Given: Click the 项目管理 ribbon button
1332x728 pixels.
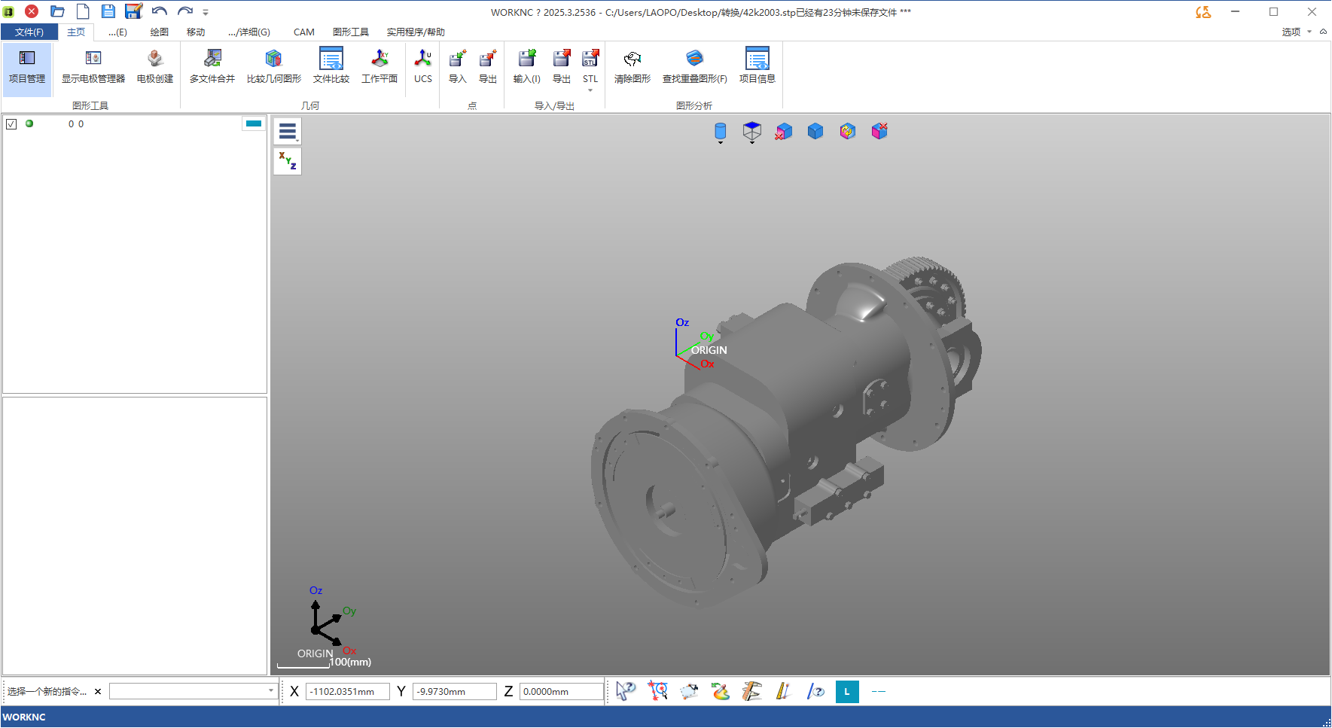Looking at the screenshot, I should [27, 67].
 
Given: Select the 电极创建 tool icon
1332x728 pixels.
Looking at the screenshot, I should [154, 67].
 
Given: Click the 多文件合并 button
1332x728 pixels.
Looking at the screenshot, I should [212, 67].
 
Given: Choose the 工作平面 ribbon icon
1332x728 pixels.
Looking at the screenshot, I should [379, 67].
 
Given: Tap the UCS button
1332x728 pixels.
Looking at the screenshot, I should [423, 67].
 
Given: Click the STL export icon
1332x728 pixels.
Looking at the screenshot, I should [590, 67].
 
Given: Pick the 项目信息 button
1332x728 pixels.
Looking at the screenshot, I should [757, 67].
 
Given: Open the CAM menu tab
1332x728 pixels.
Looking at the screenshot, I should [304, 32].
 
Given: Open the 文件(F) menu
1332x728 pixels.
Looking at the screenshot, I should [29, 32].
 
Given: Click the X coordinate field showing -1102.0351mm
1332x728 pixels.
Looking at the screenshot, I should [347, 692].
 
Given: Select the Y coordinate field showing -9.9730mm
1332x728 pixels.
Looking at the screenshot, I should [454, 692].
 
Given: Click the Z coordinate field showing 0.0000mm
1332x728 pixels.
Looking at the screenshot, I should [561, 692].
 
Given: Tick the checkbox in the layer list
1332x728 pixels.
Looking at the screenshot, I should [11, 124].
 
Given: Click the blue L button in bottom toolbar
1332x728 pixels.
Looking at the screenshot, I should [847, 692].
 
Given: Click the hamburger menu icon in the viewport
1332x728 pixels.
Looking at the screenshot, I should [287, 132].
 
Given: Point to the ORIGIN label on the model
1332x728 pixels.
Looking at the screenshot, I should [709, 350].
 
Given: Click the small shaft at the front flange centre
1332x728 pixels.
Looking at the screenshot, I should [663, 512].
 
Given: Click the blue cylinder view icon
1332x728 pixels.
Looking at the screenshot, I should [720, 132].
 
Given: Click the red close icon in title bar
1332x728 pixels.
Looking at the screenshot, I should [32, 11].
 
